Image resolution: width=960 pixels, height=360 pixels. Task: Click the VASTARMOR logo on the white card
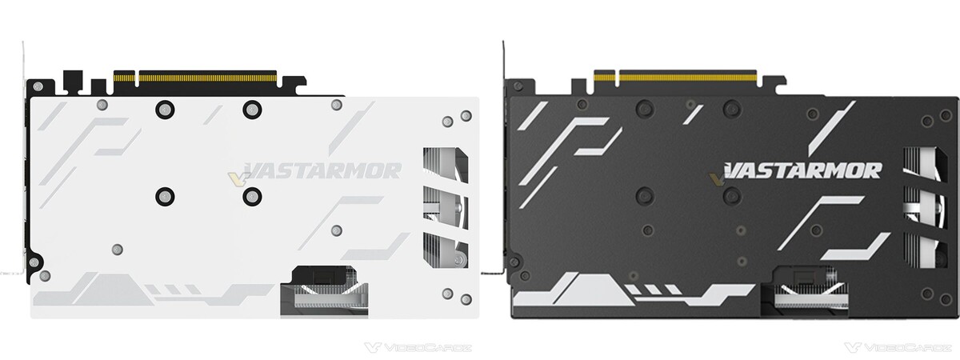(322, 170)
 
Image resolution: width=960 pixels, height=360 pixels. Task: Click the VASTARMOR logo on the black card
(802, 170)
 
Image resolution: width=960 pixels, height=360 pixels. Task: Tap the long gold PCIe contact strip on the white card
(207, 78)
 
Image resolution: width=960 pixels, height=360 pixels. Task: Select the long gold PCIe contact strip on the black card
(688, 78)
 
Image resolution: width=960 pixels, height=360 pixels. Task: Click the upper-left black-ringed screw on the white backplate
(165, 110)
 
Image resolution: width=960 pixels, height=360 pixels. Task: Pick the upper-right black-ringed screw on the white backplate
(252, 110)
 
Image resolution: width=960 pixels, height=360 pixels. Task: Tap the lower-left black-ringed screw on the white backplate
(165, 196)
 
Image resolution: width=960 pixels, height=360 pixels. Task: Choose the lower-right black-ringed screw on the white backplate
(252, 196)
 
